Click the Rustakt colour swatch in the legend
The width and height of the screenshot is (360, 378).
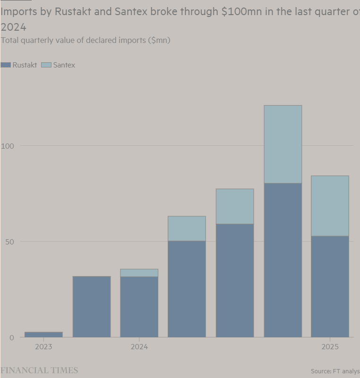click(x=6, y=65)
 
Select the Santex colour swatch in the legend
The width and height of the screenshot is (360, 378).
click(x=46, y=65)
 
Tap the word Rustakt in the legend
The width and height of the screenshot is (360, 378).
click(x=25, y=65)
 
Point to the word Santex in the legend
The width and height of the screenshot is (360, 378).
click(x=64, y=65)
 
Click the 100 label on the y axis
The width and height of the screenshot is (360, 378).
click(x=8, y=146)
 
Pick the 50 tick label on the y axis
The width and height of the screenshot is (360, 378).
click(x=9, y=242)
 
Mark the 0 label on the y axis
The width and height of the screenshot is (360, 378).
click(x=11, y=337)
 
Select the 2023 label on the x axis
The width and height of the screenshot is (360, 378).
click(x=43, y=347)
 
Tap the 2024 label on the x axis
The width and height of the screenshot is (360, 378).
click(x=139, y=347)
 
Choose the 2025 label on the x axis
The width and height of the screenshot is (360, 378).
click(x=330, y=347)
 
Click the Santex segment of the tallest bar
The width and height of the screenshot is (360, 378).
click(x=283, y=144)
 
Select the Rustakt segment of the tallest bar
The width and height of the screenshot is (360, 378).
click(x=283, y=260)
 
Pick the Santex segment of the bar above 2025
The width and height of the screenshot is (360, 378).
click(x=330, y=206)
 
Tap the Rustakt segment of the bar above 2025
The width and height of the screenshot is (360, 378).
click(x=330, y=286)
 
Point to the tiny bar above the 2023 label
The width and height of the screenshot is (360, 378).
click(x=43, y=335)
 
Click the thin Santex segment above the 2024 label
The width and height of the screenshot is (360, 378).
click(x=139, y=273)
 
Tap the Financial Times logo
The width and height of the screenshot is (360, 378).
click(x=39, y=370)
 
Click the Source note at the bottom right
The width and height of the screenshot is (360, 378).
click(x=335, y=371)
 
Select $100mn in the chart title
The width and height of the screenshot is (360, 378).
click(x=242, y=12)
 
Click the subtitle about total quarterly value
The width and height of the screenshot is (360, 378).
click(x=86, y=40)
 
